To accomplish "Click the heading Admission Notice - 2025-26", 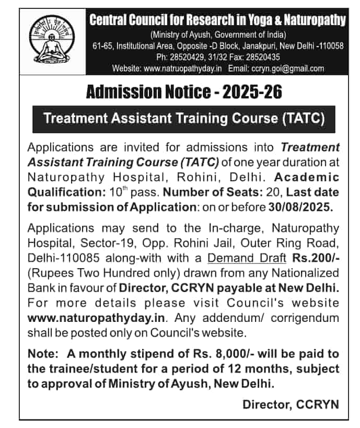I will (x=183, y=92).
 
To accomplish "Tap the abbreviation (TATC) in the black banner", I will (x=303, y=119).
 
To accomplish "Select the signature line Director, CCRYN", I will (x=291, y=404).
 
